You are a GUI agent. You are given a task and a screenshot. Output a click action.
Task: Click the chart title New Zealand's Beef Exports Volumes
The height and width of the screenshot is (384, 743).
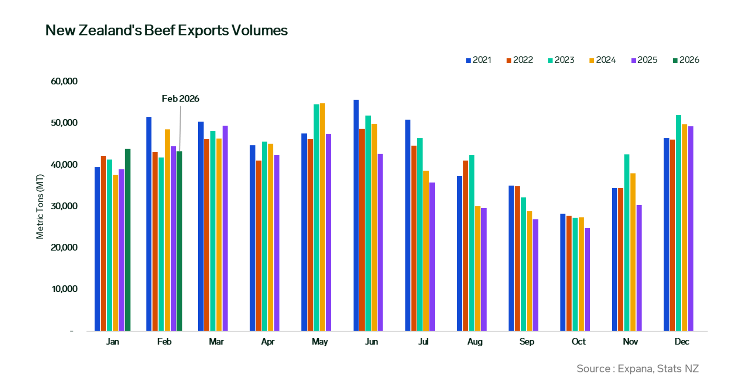(166, 30)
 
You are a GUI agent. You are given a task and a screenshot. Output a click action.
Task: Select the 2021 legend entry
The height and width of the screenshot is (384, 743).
(479, 60)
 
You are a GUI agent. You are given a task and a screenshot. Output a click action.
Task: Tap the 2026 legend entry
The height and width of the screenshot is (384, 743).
(686, 60)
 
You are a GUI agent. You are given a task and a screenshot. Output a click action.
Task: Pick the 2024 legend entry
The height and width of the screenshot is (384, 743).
(603, 60)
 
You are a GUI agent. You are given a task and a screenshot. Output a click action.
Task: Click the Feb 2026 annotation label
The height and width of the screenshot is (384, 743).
(180, 99)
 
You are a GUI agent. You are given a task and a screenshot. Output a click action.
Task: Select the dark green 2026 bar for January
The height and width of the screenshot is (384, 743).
(127, 240)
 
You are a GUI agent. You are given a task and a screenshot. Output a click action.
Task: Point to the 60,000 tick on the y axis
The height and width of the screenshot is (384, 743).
(64, 81)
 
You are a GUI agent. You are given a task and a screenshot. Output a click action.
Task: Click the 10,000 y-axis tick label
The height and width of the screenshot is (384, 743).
(64, 289)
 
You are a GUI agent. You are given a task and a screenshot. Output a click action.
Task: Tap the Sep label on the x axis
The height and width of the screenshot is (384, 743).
(527, 342)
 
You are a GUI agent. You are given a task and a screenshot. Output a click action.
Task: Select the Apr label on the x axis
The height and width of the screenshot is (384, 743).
(268, 342)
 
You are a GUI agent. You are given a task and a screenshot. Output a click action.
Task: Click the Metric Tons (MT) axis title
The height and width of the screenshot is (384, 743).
(40, 206)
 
